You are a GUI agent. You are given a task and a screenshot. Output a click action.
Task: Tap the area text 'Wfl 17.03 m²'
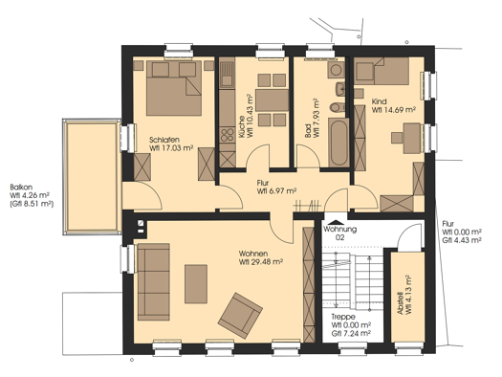172,149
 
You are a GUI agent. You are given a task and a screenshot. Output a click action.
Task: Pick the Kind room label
380,100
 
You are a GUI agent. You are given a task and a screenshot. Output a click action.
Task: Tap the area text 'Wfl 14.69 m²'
395,110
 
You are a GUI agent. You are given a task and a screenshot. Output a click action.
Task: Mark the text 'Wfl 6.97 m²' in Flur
276,191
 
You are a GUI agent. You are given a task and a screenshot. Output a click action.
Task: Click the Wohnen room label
254,254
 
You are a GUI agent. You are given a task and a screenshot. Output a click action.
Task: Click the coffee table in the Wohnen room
196,284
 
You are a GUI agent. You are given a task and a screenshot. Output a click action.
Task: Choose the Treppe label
343,317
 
